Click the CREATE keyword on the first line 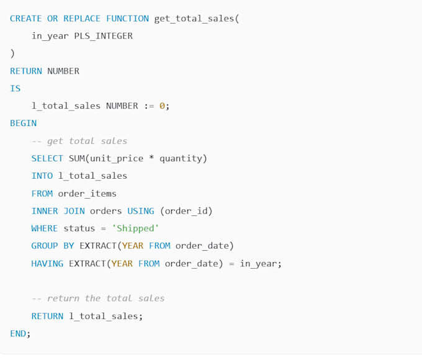[26, 19]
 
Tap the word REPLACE [82, 19]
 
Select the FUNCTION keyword [127, 19]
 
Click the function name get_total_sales [194, 19]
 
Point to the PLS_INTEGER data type [104, 36]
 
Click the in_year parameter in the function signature [50, 37]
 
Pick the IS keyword [15, 88]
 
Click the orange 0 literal [162, 106]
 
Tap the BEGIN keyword [23, 124]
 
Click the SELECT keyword [47, 158]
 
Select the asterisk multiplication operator [151, 157]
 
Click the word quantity [181, 159]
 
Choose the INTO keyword [42, 176]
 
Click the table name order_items [88, 194]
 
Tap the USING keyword [141, 211]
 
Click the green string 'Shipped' [135, 228]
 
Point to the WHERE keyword [45, 228]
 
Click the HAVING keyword [47, 263]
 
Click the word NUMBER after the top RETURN [63, 71]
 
